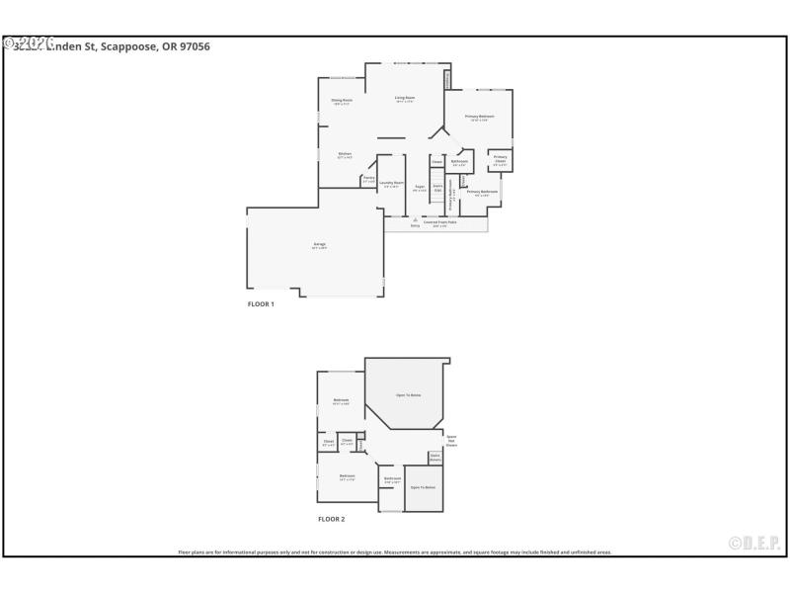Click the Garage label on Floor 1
[x=319, y=244]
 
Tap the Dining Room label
[x=342, y=100]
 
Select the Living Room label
[x=405, y=97]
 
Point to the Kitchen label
[x=346, y=153]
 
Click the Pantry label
[x=368, y=178]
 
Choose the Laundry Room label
[x=391, y=182]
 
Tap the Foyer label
[x=420, y=186]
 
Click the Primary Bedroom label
[x=479, y=117]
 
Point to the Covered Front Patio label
[x=439, y=222]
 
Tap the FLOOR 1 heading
[x=261, y=304]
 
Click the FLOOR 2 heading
[x=331, y=519]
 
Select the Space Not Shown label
[x=451, y=440]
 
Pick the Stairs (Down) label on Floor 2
[x=434, y=457]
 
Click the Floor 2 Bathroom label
[x=393, y=478]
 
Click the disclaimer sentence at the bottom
[x=395, y=551]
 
